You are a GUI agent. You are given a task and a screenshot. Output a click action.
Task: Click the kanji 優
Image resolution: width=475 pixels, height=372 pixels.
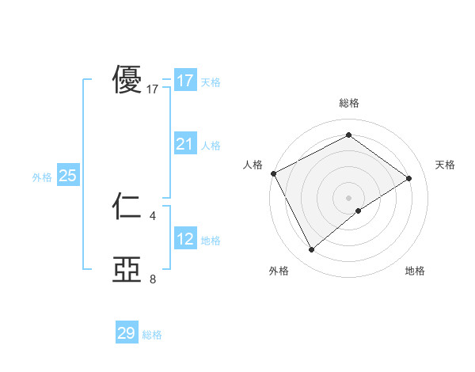point(127,80)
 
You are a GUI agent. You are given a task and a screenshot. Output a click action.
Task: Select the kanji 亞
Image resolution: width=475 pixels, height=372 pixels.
point(127,270)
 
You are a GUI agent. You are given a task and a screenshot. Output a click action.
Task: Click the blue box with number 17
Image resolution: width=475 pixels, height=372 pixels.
point(184,81)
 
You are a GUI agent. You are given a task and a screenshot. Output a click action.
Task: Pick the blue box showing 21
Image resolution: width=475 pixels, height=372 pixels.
point(184,144)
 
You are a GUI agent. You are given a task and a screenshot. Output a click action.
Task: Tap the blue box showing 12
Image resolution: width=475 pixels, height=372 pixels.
point(184,239)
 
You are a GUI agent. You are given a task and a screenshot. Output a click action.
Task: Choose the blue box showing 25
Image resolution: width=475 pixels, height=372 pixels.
point(67,176)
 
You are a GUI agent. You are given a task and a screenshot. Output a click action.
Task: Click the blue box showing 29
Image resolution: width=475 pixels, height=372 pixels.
point(127,333)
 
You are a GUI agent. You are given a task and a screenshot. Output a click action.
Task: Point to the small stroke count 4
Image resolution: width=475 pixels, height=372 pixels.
point(153,215)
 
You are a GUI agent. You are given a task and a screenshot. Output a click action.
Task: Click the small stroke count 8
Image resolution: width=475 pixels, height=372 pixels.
point(153,279)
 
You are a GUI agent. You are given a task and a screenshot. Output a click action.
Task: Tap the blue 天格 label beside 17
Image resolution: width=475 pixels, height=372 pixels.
point(211,82)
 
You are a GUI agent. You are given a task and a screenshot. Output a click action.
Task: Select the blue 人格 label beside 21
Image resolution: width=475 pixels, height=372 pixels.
point(211,146)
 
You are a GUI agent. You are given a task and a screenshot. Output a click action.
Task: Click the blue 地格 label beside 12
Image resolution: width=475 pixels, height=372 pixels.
point(211,241)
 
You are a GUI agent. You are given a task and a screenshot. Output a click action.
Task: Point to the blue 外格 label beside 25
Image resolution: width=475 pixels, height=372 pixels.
point(42,177)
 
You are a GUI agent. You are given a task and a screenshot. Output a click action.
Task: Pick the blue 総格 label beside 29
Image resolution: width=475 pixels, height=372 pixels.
point(152,335)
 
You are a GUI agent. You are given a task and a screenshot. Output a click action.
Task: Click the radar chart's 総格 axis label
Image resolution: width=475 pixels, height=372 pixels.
point(348,103)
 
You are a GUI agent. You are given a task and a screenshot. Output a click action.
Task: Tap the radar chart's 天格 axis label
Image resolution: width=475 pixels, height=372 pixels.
point(445,165)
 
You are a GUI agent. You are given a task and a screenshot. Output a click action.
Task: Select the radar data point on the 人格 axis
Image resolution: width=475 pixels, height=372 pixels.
point(273,173)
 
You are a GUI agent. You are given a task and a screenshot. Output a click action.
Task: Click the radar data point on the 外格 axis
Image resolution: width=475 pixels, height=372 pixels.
point(311,250)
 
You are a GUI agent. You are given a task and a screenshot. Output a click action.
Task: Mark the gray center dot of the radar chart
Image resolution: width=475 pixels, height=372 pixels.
point(348,197)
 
